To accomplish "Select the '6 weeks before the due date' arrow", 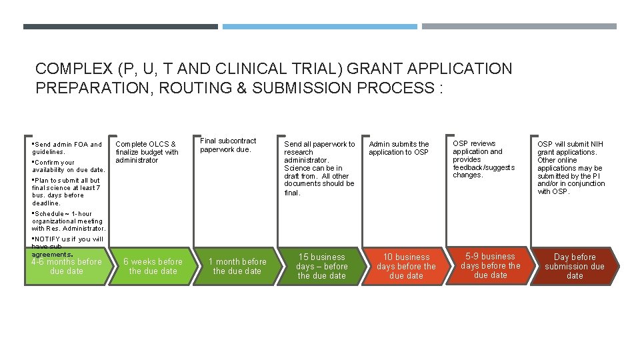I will (x=153, y=267).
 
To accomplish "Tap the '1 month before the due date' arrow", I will (x=237, y=267).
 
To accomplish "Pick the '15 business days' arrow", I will (x=321, y=267).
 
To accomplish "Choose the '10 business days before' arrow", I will (x=406, y=267).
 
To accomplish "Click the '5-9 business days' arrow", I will (x=490, y=266).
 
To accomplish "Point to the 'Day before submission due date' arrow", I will (x=575, y=267).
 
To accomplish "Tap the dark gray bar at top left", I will (x=120, y=27).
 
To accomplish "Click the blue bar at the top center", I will (x=319, y=27).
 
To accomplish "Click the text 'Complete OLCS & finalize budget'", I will (x=147, y=152).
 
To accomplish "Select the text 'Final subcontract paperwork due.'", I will (x=228, y=145).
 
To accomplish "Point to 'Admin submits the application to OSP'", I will (x=399, y=148).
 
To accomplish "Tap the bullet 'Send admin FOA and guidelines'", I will (x=67, y=148).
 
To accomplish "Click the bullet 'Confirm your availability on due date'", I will (x=68, y=166).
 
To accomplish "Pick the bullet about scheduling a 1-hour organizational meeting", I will (x=68, y=221).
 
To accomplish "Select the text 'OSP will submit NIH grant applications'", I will (x=571, y=148).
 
